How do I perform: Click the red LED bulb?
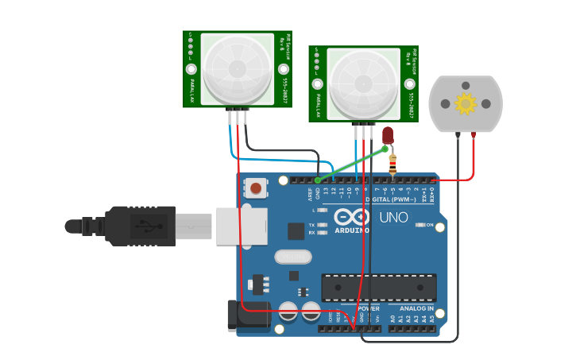coord(388,134)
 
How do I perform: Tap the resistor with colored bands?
coord(392,164)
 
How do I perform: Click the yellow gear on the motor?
coord(465,103)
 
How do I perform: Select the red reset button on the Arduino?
coord(256,188)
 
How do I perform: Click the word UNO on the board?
coord(393,217)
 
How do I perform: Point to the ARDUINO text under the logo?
coord(351,230)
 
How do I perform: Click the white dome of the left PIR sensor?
coord(237,68)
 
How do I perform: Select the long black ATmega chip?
coord(378,288)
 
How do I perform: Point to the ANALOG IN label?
coord(416,308)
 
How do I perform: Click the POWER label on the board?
coord(368,308)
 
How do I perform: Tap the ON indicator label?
coord(430,225)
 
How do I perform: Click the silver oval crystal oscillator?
coord(293,257)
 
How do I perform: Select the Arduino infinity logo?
coord(351,216)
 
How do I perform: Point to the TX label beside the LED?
coord(311,225)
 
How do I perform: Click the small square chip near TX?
coord(296,231)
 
